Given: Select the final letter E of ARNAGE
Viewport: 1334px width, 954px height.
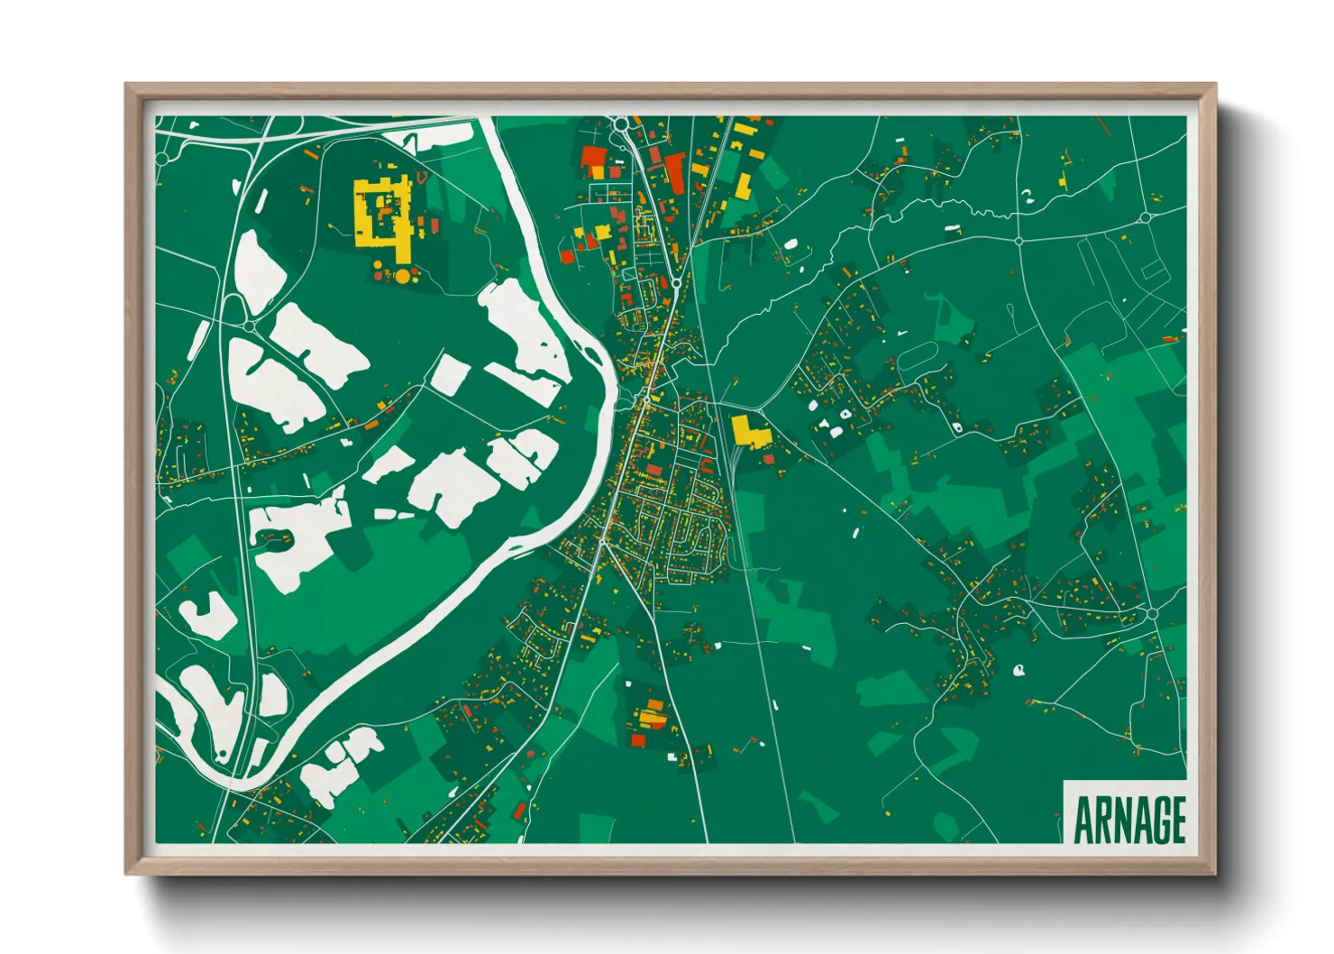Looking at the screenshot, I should click(x=1175, y=820).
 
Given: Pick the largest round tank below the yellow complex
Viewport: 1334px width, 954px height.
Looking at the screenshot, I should click(x=402, y=276).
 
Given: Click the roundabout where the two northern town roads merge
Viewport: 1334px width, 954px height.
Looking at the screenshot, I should click(x=675, y=284).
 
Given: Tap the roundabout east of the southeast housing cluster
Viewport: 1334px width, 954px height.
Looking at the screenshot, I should click(x=1152, y=614).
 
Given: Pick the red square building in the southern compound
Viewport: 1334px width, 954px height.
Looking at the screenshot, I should click(x=638, y=740).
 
